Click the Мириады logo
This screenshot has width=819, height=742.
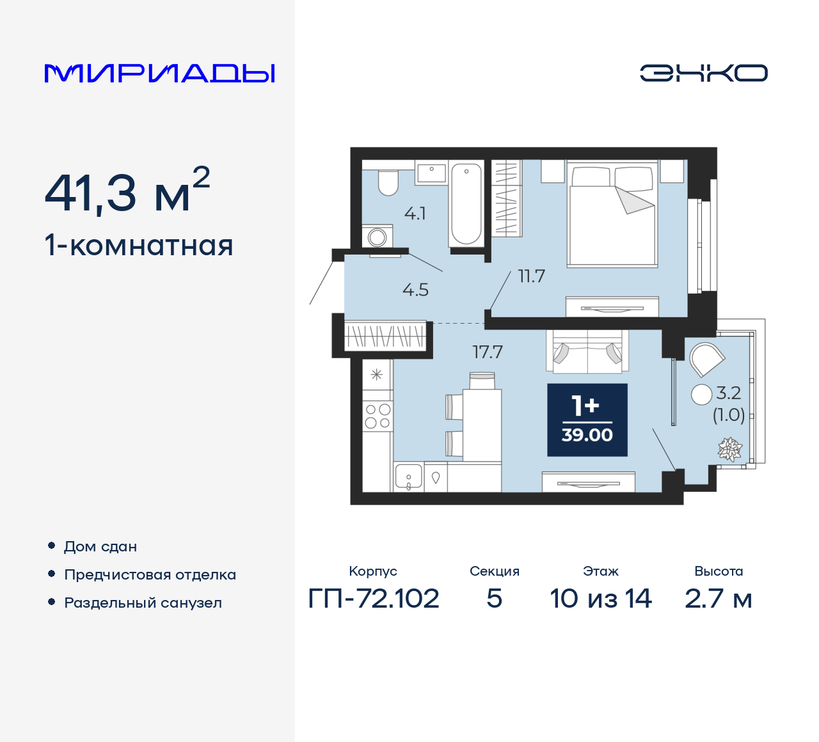pyautogui.click(x=160, y=73)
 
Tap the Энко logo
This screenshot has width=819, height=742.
pyautogui.click(x=703, y=73)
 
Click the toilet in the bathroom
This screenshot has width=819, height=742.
pyautogui.click(x=388, y=182)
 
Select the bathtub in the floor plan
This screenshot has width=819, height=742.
pyautogui.click(x=466, y=203)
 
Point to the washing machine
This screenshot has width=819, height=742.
pyautogui.click(x=377, y=237)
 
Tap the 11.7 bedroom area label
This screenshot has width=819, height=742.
pyautogui.click(x=531, y=276)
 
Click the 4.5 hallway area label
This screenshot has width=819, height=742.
pyautogui.click(x=415, y=290)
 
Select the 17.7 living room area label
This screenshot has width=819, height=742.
pyautogui.click(x=488, y=352)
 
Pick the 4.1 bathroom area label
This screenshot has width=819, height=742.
pyautogui.click(x=415, y=214)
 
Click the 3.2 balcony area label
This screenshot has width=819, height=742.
pyautogui.click(x=728, y=393)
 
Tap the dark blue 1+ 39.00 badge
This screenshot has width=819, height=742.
pyautogui.click(x=587, y=420)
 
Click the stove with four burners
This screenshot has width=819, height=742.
pyautogui.click(x=378, y=416)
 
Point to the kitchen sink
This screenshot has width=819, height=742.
pyautogui.click(x=408, y=477)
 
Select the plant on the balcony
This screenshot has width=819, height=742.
pyautogui.click(x=729, y=448)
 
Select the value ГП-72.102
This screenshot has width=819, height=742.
pyautogui.click(x=374, y=599)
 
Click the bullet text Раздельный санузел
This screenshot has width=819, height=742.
pyautogui.click(x=143, y=603)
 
